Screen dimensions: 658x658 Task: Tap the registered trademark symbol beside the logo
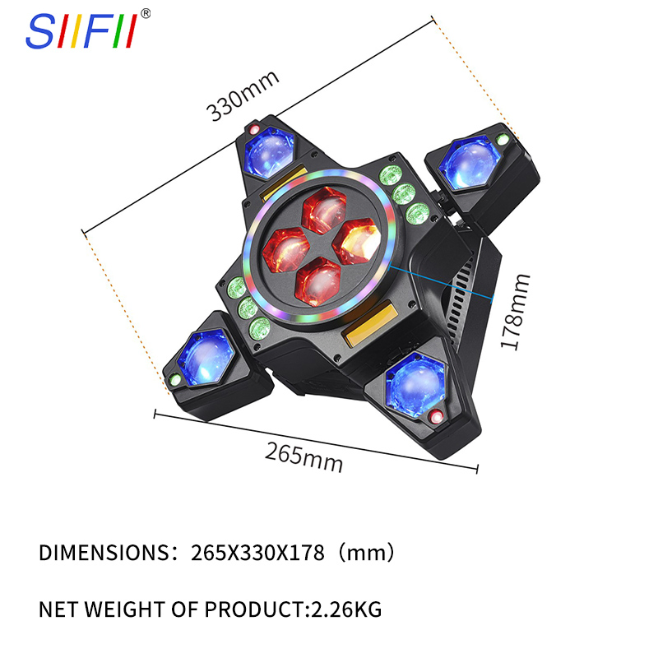[146, 13]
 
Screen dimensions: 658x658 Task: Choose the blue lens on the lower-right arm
[413, 382]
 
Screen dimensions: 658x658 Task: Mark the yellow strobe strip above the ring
[285, 184]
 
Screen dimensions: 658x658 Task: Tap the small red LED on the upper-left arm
[254, 130]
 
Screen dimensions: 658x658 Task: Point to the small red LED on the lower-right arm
[435, 416]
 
